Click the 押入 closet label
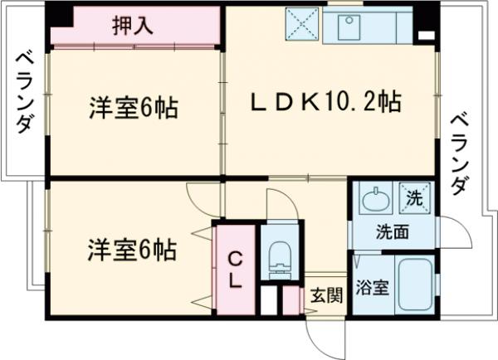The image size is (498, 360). point(133,25)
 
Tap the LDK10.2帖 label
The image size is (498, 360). point(326,103)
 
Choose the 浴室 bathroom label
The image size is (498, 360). point(372,289)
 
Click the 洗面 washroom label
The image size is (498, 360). point(392,232)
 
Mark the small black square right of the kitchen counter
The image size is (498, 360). point(425,36)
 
